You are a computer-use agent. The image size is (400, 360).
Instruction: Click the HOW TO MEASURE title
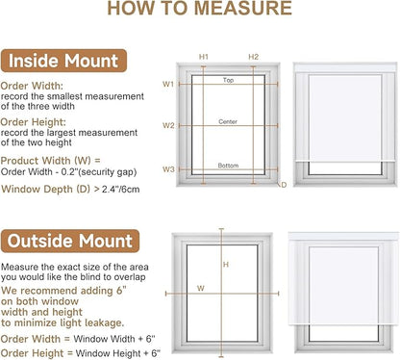coord(199,8)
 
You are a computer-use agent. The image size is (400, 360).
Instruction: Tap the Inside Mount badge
coord(63,61)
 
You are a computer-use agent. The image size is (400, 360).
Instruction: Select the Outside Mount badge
coord(70,241)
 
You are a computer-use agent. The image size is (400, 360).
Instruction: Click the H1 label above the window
coord(204,57)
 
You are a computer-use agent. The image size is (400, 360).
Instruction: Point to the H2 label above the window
coord(253,57)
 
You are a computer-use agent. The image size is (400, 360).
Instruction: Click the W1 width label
coord(168,84)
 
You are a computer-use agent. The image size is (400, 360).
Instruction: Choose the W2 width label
coord(168,125)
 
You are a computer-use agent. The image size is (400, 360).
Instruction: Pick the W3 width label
coord(168,169)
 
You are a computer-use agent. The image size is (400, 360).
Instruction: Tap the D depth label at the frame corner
coord(284,185)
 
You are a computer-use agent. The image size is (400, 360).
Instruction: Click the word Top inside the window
coord(228,80)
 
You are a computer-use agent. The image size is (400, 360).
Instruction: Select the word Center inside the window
coord(228,121)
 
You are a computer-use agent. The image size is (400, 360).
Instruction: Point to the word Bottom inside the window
coord(228,166)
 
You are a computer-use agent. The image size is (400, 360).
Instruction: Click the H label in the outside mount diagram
coord(226,265)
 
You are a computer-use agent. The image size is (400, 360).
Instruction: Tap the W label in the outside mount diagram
coord(201,288)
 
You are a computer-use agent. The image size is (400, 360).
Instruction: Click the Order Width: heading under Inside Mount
coord(32,86)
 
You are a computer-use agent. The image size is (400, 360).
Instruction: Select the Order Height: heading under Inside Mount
coord(34,122)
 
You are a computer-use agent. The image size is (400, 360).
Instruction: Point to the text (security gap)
coord(108,172)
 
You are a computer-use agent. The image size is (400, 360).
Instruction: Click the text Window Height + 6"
coord(118,353)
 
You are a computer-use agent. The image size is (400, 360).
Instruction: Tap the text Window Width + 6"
coord(114,339)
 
